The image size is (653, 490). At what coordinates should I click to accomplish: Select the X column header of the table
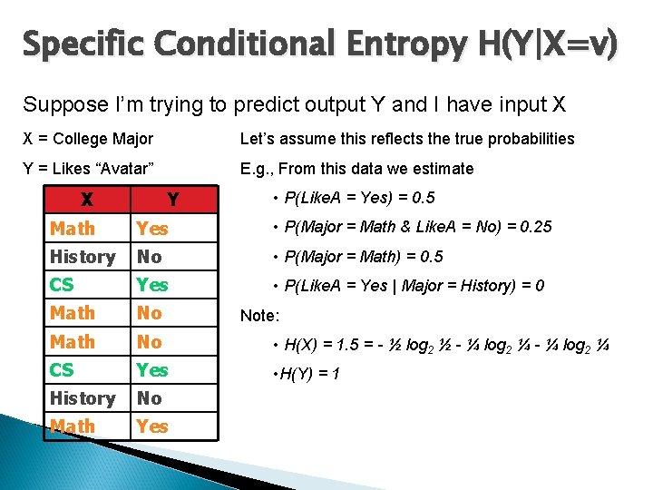click(85, 200)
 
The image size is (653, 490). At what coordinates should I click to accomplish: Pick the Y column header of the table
click(172, 200)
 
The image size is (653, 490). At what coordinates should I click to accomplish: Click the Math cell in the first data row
click(73, 229)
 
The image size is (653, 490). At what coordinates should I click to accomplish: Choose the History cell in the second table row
click(83, 257)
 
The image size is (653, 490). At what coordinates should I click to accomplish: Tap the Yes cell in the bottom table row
click(152, 426)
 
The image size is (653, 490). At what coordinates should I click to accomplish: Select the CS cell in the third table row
click(63, 285)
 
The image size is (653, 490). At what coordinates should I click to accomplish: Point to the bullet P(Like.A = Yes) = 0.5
click(359, 198)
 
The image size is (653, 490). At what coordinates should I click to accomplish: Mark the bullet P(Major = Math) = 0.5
click(363, 257)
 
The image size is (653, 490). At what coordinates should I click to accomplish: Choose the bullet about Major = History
click(414, 286)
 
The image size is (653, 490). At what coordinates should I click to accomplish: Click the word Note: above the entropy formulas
click(261, 316)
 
